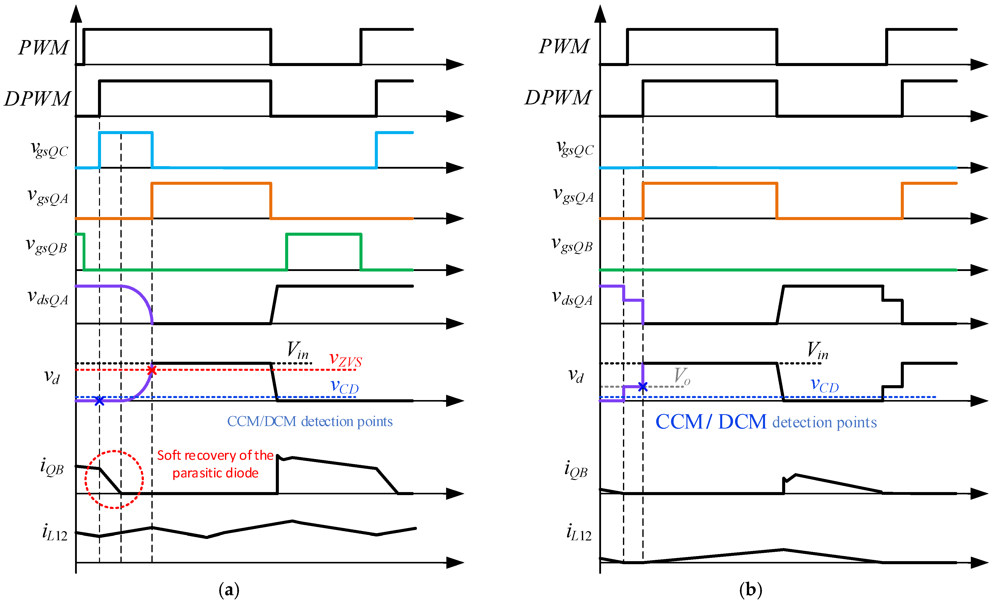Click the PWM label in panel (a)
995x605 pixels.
pyautogui.click(x=44, y=48)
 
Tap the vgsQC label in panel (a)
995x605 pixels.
pyautogui.click(x=50, y=149)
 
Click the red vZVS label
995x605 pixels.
pyautogui.click(x=345, y=359)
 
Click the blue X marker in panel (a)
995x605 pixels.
pyautogui.click(x=99, y=401)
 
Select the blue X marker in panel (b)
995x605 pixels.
pyautogui.click(x=643, y=387)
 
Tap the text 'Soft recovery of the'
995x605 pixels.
pyautogui.click(x=215, y=456)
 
